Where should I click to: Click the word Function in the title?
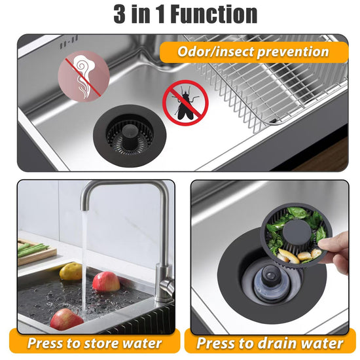click(x=214, y=14)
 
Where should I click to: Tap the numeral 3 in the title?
click(x=119, y=14)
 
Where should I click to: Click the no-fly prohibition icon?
click(x=185, y=103)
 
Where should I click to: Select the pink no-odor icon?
click(x=84, y=76)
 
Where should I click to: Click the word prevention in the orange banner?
click(x=293, y=52)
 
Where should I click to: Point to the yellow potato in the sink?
click(x=70, y=272)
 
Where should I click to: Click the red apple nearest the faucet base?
click(x=106, y=281)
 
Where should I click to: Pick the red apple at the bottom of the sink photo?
click(x=66, y=319)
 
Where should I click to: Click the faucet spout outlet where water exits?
click(x=84, y=208)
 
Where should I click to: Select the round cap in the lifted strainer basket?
click(x=296, y=232)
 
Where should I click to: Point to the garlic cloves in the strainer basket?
click(x=297, y=256)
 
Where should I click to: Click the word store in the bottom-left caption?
click(x=100, y=344)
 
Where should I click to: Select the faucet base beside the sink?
click(x=164, y=283)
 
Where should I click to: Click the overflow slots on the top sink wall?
click(x=69, y=42)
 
